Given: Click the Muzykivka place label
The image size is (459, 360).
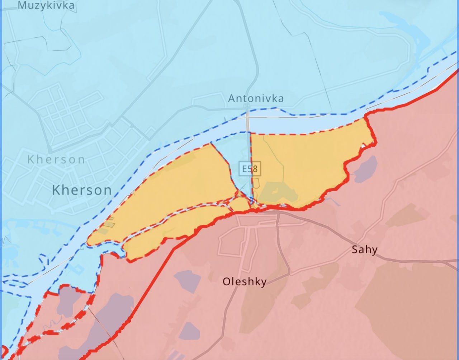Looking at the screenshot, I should click(x=46, y=5).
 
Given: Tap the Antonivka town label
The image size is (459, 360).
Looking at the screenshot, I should click(x=256, y=98).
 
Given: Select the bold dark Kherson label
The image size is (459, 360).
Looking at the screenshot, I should click(x=82, y=190).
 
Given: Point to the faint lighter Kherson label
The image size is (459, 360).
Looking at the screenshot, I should click(x=56, y=159).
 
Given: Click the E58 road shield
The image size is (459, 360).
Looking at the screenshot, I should click(x=250, y=169).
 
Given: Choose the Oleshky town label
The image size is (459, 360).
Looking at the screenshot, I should click(x=245, y=282).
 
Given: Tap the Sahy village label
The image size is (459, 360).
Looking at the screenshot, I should click(x=364, y=249).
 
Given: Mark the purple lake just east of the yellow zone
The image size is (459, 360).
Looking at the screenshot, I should click(x=366, y=169).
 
